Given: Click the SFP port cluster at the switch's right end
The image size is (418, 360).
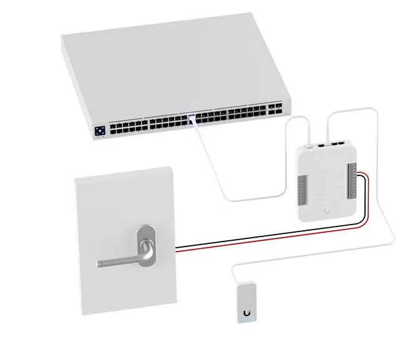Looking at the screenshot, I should (x=274, y=111).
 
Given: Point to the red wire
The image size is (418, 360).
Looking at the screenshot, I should (x=275, y=234).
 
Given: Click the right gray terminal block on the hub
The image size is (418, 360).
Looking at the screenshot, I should (x=354, y=182).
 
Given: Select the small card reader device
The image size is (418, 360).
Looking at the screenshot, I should (x=247, y=303).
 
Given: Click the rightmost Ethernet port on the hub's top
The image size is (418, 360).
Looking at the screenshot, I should (x=343, y=144).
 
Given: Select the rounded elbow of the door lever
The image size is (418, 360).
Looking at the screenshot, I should (x=146, y=253).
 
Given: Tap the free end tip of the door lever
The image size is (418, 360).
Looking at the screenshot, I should (x=100, y=264).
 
